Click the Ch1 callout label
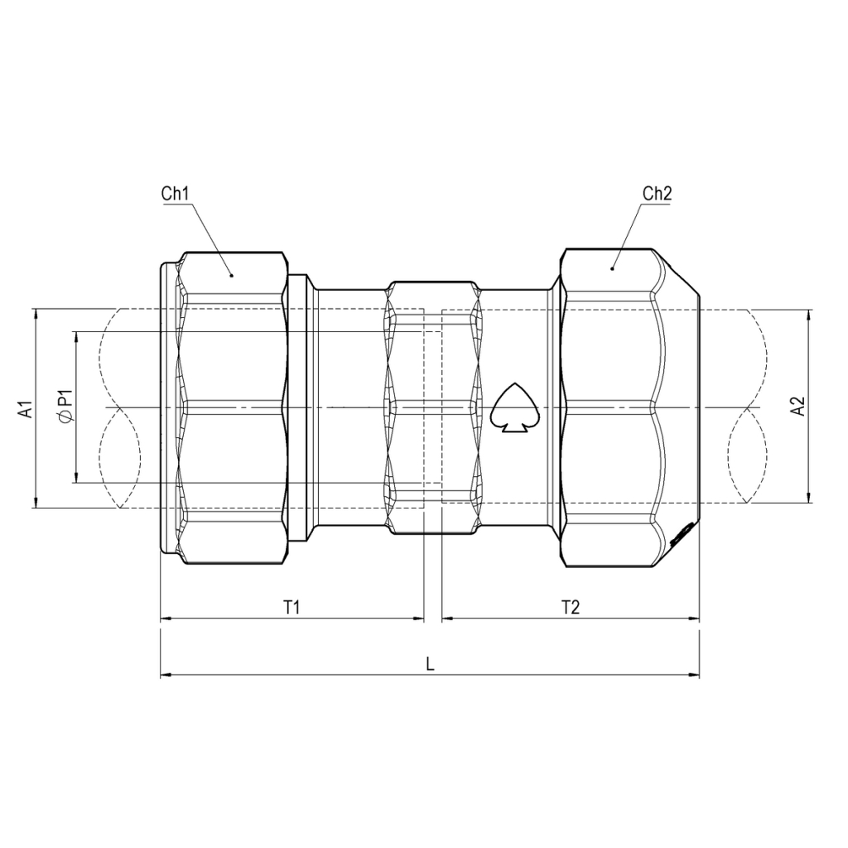coord(176,193)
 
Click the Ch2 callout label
coord(657,193)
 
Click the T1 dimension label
coord(291,607)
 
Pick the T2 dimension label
coord(571,607)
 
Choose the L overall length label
coord(430,663)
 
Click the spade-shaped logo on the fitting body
coord(514,407)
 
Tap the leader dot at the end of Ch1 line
coord(232,275)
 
